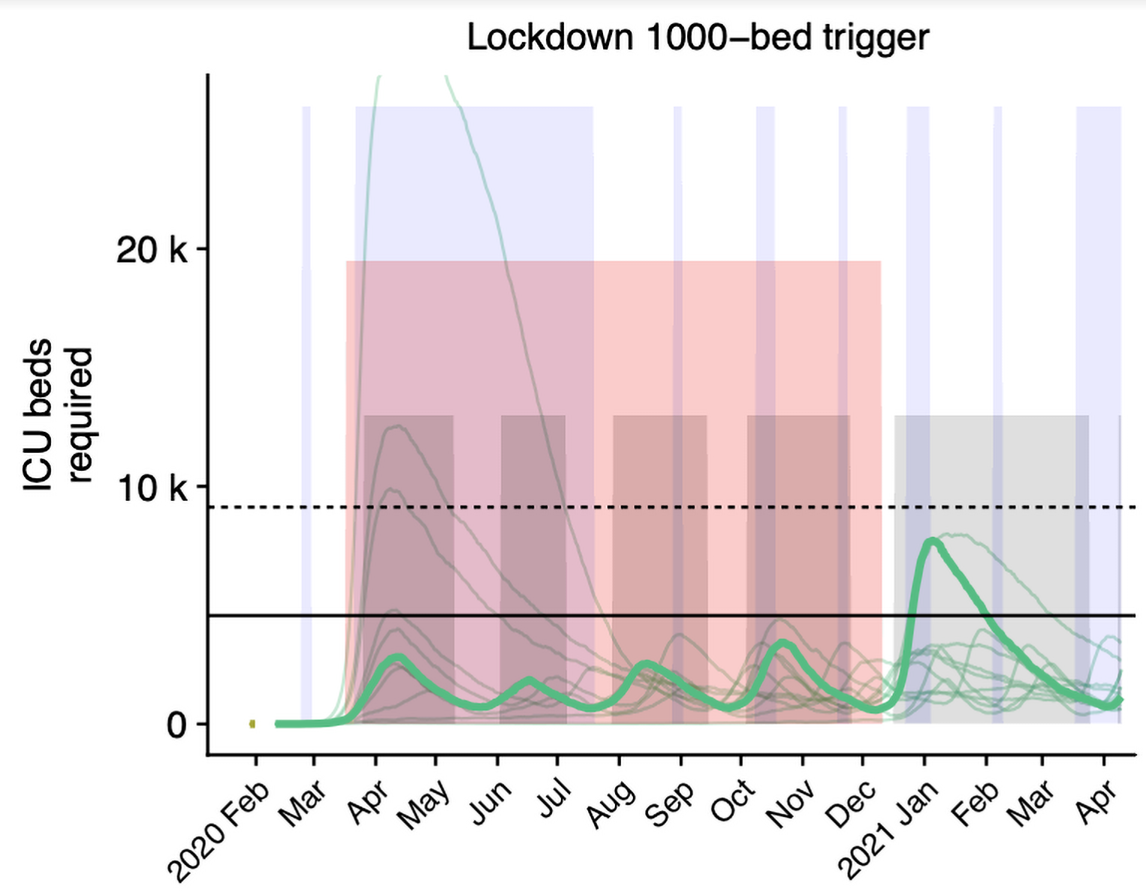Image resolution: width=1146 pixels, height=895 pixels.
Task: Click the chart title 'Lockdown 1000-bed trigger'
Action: [698, 38]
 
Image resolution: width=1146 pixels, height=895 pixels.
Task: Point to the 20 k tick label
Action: [151, 249]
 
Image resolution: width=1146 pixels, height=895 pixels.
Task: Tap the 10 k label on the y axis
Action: [151, 488]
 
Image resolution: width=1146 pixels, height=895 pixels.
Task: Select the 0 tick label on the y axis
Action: [176, 725]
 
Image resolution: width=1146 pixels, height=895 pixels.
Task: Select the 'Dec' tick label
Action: [852, 802]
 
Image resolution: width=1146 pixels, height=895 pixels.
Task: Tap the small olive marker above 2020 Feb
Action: [252, 724]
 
